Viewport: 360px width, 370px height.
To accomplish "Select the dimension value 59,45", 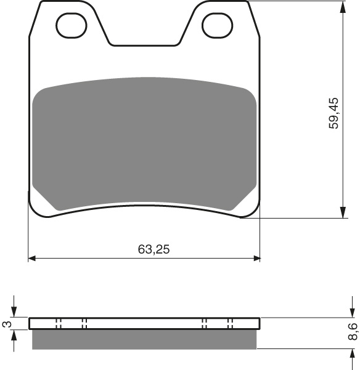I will click(333, 113).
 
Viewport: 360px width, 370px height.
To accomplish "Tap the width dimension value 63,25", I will click(153, 249).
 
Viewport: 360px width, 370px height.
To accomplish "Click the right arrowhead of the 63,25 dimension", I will click(256, 257).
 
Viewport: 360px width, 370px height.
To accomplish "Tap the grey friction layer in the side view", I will click(144, 340).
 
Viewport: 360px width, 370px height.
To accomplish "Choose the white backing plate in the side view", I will click(144, 324).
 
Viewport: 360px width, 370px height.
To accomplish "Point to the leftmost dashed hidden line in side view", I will click(57, 324).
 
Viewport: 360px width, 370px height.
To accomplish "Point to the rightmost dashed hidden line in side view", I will click(232, 324).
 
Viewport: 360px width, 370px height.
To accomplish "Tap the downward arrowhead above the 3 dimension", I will click(15, 313).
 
